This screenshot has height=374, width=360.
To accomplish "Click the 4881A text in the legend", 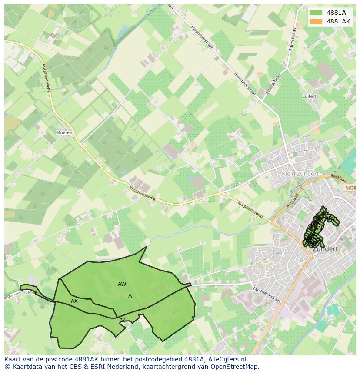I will tap(336, 13).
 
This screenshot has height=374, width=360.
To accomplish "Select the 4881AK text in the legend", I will tap(338, 21).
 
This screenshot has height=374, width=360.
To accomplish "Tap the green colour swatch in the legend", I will tap(316, 13).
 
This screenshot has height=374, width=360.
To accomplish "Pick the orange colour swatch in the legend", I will tap(316, 21).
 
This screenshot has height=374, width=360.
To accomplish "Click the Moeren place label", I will tap(64, 132).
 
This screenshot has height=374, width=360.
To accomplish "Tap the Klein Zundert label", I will tap(300, 174).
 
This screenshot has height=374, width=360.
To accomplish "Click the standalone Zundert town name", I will tap(325, 249).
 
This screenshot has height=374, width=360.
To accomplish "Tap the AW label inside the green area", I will tap(122, 284).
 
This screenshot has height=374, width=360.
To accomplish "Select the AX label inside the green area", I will tap(74, 301).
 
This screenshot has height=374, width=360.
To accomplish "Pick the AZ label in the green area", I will tap(123, 320).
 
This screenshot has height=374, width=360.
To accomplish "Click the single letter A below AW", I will tap(130, 296).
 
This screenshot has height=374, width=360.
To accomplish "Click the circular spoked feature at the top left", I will tap(77, 16).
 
